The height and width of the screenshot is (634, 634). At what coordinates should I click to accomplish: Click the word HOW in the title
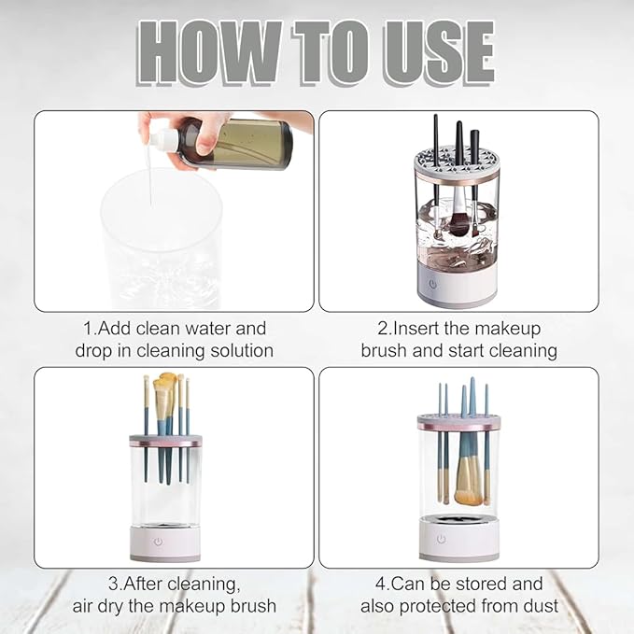pos(209,52)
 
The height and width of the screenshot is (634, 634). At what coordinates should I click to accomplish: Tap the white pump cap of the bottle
pos(164,139)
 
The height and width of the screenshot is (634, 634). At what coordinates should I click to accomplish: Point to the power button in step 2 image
pos(432,284)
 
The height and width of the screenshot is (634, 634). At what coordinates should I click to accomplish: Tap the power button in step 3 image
pos(158,542)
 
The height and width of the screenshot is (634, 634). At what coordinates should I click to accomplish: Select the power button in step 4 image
pos(441,539)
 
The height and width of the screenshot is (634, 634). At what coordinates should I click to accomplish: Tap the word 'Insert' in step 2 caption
pos(416,329)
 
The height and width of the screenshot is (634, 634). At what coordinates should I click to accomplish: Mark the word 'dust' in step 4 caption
pos(541,606)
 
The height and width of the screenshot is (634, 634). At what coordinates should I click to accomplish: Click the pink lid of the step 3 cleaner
pos(166,441)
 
